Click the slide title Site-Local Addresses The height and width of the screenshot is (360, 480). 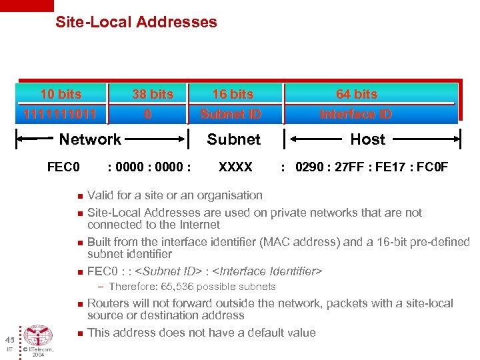tap(136, 22)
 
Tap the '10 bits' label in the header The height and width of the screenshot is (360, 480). tap(61, 94)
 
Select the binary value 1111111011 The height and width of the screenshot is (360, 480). tap(59, 114)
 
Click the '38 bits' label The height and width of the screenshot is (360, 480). tap(153, 94)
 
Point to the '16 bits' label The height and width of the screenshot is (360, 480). tap(233, 94)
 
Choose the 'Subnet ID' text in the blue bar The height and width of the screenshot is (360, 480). tap(231, 114)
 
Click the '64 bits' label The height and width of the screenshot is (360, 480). tap(357, 94)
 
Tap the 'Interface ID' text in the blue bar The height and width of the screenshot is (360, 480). tap(356, 114)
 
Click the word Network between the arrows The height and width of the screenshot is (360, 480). tap(90, 139)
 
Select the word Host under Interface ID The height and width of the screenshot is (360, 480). tap(368, 139)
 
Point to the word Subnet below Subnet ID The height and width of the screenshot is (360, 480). tap(233, 139)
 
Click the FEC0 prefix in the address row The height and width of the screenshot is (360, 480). tap(63, 167)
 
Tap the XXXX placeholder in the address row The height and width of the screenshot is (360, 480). tap(235, 167)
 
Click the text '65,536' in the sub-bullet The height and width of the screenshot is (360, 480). tap(171, 287)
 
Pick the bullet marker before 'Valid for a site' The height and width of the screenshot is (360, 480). tap(79, 196)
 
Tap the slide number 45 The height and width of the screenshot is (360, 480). tap(10, 339)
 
